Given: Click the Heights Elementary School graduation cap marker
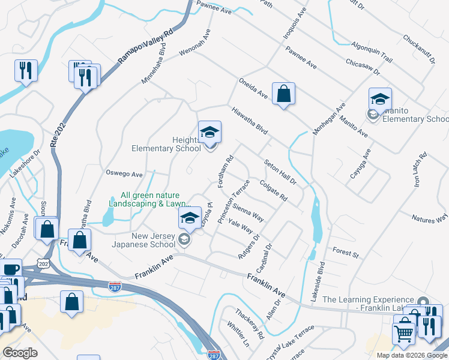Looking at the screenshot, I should click(x=209, y=132).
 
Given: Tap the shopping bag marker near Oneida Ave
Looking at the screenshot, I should click(x=283, y=94).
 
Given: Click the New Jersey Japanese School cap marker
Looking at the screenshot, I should click(x=190, y=218).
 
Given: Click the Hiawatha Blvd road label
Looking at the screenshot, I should click(x=249, y=120).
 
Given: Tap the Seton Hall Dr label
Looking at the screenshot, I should click(x=280, y=172).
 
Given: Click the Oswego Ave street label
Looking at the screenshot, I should click(x=124, y=175).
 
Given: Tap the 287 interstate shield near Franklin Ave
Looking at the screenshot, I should click(x=115, y=286).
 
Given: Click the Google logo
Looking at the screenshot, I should click(x=20, y=352).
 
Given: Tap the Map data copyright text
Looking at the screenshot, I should click(x=412, y=355).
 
